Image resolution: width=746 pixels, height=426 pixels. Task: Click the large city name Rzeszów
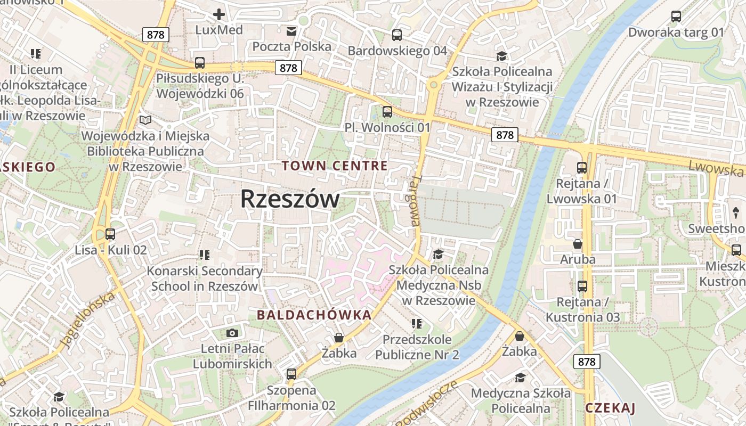[x=289, y=199]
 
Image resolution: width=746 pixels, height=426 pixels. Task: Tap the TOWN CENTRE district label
[x=335, y=166]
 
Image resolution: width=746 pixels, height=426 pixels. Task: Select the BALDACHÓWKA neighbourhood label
[x=314, y=315]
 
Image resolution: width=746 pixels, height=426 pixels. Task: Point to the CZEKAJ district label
[x=610, y=408]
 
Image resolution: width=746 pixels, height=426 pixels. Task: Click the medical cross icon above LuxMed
[x=218, y=15]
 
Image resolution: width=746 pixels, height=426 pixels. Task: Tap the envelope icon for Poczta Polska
[x=291, y=31]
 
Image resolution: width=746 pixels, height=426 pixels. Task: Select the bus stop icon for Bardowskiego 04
[x=397, y=35]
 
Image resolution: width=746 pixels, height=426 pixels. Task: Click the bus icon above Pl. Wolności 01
[x=387, y=112]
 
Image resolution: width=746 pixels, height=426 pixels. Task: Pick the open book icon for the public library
[x=145, y=120]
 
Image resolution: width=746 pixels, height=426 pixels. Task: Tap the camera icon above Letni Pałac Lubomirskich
[x=232, y=333]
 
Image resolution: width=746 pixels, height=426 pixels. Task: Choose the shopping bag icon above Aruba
[x=578, y=244]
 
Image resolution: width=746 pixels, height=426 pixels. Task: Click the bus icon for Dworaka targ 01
[x=676, y=17]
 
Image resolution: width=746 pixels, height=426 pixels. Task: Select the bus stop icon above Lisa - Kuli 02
[x=110, y=234]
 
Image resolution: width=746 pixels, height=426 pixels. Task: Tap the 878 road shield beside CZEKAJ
[x=587, y=362]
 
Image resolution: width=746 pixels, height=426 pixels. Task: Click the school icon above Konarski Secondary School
[x=204, y=255]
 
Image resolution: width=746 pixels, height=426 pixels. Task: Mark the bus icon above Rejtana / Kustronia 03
[x=582, y=286]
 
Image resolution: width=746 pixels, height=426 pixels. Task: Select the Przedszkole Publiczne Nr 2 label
[x=417, y=347]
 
